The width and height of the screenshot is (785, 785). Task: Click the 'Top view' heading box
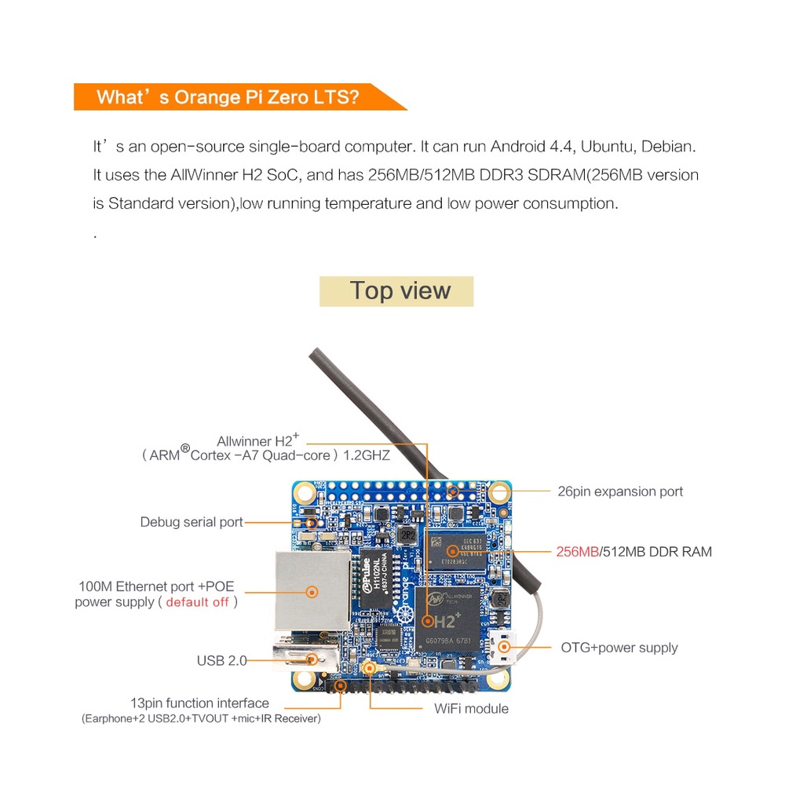point(396,290)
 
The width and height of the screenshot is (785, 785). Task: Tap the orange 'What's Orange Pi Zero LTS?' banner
point(228,97)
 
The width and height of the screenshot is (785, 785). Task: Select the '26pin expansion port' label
point(620,491)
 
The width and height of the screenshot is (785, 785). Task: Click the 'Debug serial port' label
point(192,522)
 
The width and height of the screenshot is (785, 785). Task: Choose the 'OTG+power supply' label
point(619,648)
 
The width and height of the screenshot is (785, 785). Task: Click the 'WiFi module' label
point(471,709)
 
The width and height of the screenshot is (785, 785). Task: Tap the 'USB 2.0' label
point(221,661)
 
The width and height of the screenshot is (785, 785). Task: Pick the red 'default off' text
point(198,602)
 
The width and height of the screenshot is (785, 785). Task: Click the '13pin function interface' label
point(199,703)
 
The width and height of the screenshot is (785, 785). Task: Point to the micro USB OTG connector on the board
point(499,645)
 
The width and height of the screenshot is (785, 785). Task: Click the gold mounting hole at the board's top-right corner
point(498,493)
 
